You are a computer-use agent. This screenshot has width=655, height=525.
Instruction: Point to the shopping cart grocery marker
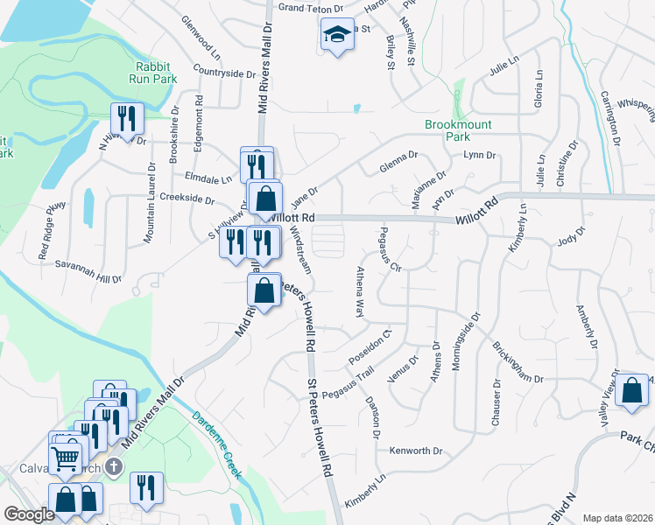[x=67, y=457]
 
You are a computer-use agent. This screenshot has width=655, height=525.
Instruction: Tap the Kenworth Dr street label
[x=418, y=451]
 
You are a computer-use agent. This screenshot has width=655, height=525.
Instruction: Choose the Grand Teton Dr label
[x=310, y=8]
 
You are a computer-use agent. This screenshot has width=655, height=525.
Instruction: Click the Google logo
[x=29, y=514]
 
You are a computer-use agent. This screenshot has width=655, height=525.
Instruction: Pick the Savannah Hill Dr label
[x=88, y=272]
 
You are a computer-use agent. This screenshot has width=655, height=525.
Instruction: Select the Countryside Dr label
[x=223, y=73]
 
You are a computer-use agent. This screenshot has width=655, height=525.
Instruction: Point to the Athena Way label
[x=359, y=293]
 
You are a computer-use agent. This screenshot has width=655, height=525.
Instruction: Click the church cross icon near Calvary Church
[x=113, y=466]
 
